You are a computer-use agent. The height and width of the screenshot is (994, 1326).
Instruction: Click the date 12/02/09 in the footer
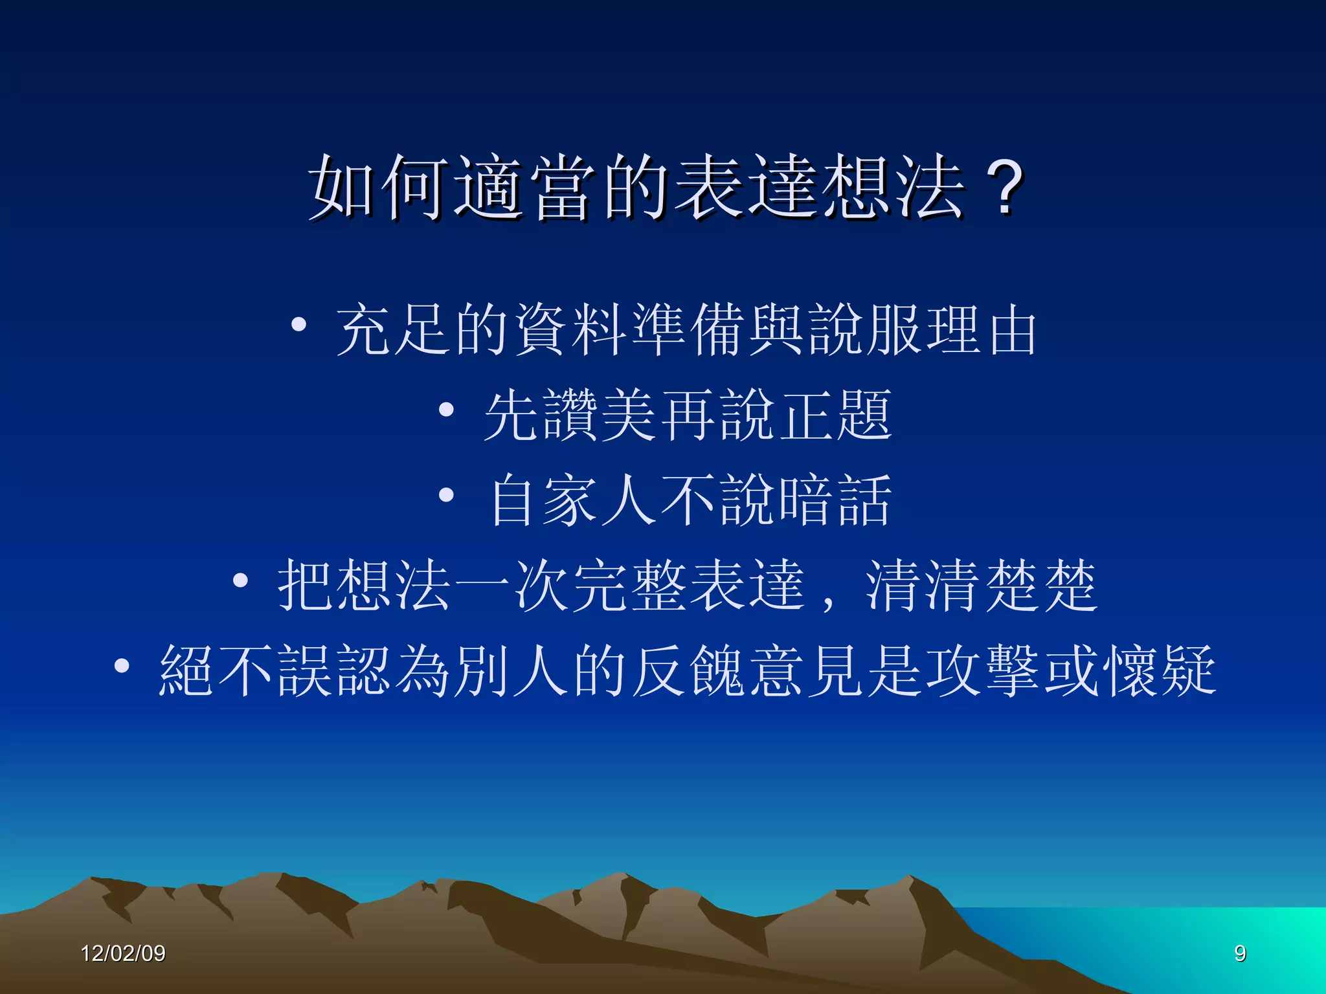coord(123,953)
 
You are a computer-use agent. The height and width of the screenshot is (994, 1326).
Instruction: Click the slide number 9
coord(1240,953)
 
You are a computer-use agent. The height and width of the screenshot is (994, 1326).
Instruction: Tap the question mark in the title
coord(1002,188)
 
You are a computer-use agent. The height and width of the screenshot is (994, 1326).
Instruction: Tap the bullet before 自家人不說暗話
coord(446,494)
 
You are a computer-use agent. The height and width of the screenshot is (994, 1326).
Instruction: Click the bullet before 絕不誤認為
coord(122,666)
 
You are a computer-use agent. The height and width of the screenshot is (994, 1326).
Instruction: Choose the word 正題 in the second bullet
coord(835,415)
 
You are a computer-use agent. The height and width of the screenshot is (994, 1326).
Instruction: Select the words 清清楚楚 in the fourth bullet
coord(982,586)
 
